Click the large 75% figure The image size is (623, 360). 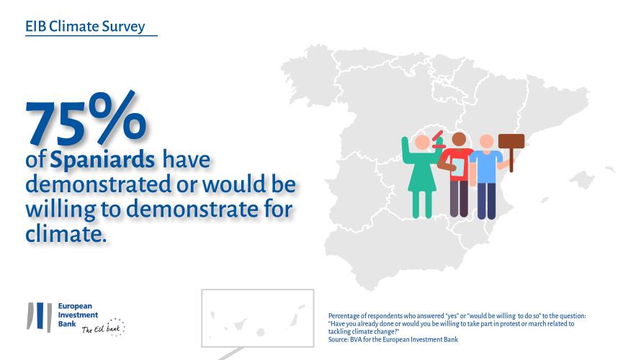click(x=86, y=119)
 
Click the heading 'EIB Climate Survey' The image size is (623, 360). click(x=85, y=26)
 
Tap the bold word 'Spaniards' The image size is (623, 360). click(x=102, y=160)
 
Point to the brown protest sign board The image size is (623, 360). click(x=511, y=142)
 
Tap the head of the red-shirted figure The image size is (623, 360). click(x=459, y=140)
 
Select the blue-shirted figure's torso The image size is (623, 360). click(x=486, y=167)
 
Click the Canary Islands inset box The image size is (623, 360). click(x=257, y=318)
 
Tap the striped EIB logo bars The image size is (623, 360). click(x=39, y=317)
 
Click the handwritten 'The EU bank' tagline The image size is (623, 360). click(x=103, y=328)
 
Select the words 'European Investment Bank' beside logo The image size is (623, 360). click(x=78, y=315)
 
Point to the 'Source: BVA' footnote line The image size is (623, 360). click(x=393, y=339)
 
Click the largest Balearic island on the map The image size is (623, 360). click(x=583, y=180)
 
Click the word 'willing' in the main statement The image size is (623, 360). click(x=60, y=210)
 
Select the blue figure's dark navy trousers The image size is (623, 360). click(x=487, y=201)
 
